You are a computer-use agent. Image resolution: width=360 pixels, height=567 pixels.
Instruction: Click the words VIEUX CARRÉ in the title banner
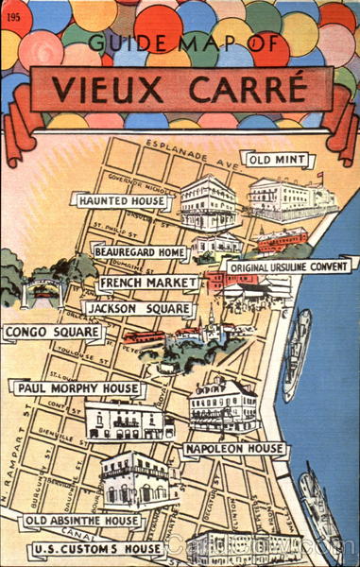tap(179, 90)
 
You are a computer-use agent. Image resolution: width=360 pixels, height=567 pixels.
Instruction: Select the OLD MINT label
tap(277, 160)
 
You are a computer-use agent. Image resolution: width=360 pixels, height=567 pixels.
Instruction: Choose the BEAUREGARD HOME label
tap(140, 253)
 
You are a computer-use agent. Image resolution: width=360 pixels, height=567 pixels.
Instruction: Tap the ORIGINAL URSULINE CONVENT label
tap(290, 267)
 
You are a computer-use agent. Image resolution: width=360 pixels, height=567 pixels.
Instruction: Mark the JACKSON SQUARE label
tap(138, 309)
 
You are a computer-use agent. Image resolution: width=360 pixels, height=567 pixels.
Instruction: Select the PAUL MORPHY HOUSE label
tap(76, 388)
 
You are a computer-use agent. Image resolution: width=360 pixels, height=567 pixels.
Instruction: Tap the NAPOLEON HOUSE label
tap(234, 448)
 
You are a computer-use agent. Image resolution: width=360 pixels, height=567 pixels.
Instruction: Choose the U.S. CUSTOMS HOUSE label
tap(97, 549)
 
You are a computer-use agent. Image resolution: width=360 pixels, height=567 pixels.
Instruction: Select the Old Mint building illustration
tap(291, 197)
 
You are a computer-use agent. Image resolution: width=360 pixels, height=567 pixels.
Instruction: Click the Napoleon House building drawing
tap(223, 404)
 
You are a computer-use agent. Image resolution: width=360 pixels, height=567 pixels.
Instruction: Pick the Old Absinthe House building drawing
tap(139, 479)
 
